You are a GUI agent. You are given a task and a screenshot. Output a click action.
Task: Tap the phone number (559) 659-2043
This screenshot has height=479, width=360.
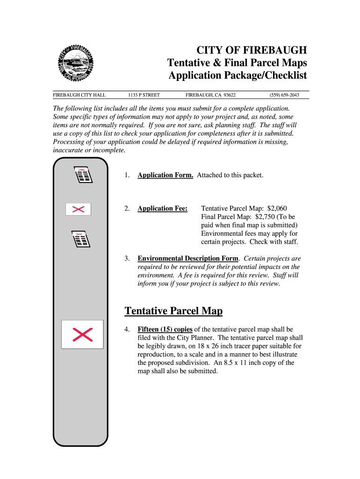coord(284,95)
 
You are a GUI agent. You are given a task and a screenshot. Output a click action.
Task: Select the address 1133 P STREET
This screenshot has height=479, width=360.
coord(144,95)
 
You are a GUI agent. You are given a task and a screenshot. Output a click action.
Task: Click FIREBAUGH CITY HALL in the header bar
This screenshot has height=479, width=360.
coord(79,95)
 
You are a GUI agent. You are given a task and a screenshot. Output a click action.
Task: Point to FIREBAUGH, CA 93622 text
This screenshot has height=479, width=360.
coord(210,95)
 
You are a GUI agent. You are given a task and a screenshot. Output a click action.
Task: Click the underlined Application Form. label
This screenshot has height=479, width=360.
coord(165,175)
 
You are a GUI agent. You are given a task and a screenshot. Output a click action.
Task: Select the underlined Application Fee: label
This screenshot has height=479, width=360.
coord(162,209)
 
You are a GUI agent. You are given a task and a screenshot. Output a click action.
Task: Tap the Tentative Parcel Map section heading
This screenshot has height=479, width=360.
coord(173,311)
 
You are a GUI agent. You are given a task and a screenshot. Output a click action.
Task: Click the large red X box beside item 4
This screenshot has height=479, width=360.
coord(82,334)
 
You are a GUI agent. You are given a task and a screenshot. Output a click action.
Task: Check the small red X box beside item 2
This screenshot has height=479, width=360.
coord(78,209)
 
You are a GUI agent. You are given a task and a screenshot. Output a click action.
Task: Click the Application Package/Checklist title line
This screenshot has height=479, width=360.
coord(238,75)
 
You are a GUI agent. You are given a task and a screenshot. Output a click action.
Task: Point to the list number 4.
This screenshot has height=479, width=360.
coord(127,329)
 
